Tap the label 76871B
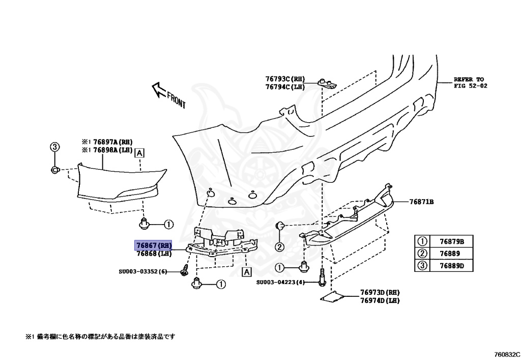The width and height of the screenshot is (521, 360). point(421,202)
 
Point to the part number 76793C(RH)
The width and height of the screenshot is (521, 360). point(284,79)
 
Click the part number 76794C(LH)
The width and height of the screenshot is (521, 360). point(284,87)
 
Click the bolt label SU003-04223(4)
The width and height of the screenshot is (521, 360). point(280,282)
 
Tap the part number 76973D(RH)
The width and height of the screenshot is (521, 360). point(380,293)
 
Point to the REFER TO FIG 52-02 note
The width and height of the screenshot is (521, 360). point(471,82)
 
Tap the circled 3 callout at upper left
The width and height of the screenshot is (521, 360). point(54,147)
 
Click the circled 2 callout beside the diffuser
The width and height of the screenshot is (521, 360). point(279,247)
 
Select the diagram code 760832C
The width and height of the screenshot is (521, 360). point(506,353)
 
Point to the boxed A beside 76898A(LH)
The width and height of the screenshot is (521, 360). point(139,152)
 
